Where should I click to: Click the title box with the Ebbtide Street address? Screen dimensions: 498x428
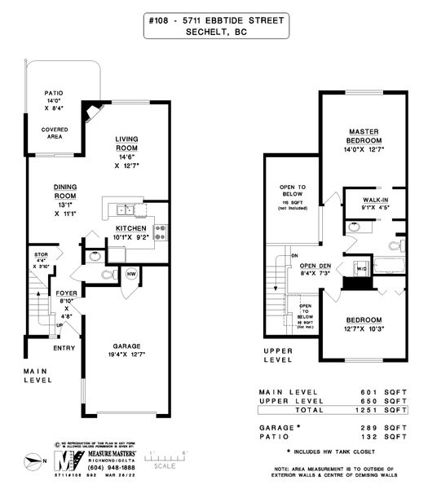click(217, 25)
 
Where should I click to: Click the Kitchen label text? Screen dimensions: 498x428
click(130, 228)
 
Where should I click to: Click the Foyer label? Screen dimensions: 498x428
click(66, 292)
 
